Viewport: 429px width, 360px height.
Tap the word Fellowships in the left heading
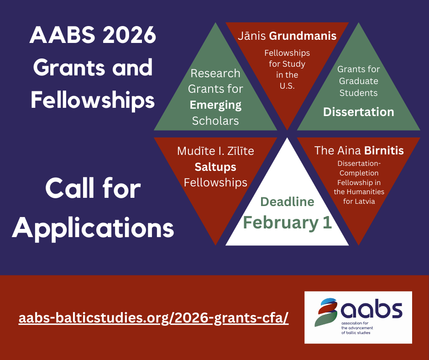(93, 100)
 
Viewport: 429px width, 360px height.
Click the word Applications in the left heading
(93, 227)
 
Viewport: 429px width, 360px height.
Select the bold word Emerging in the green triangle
(215, 105)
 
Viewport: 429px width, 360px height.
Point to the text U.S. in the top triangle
(287, 85)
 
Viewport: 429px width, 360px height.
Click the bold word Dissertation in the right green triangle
(358, 112)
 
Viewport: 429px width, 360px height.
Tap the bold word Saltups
(215, 166)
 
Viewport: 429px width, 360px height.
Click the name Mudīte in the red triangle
(194, 151)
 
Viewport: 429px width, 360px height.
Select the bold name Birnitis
(384, 150)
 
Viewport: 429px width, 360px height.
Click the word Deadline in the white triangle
(287, 201)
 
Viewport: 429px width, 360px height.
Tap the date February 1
(287, 222)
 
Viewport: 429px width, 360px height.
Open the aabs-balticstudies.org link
(153, 318)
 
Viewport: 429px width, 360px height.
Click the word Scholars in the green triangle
(215, 121)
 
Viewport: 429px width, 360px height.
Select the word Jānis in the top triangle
(252, 36)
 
